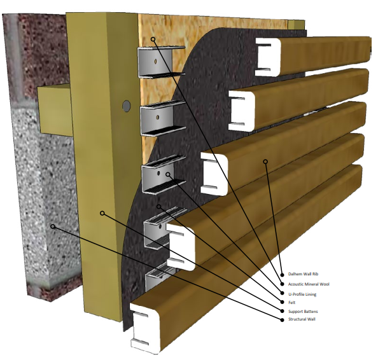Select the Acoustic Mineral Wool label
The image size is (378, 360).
pyautogui.click(x=309, y=284)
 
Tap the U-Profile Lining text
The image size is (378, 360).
pyautogui.click(x=302, y=294)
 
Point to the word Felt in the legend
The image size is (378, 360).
pyautogui.click(x=291, y=302)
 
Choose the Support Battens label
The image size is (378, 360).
pyautogui.click(x=303, y=311)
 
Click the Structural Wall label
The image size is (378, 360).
pyautogui.click(x=302, y=319)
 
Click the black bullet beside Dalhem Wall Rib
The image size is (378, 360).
pyautogui.click(x=282, y=275)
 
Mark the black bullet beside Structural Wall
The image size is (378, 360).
pyautogui.click(x=282, y=320)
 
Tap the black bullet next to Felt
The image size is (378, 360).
pyautogui.click(x=282, y=302)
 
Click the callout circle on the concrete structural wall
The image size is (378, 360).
pyautogui.click(x=53, y=226)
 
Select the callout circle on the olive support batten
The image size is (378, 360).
pyautogui.click(x=102, y=213)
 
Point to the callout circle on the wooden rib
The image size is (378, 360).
pyautogui.click(x=265, y=162)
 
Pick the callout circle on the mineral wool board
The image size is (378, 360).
pyautogui.click(x=153, y=39)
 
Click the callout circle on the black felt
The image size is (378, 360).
pyautogui.click(x=158, y=207)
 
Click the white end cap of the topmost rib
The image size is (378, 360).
pyautogui.click(x=269, y=57)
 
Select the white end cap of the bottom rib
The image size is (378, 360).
pyautogui.click(x=144, y=329)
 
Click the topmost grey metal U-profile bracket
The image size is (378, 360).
pyautogui.click(x=159, y=62)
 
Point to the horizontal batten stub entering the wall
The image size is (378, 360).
pyautogui.click(x=55, y=110)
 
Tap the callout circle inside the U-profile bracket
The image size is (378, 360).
pyautogui.click(x=168, y=174)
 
